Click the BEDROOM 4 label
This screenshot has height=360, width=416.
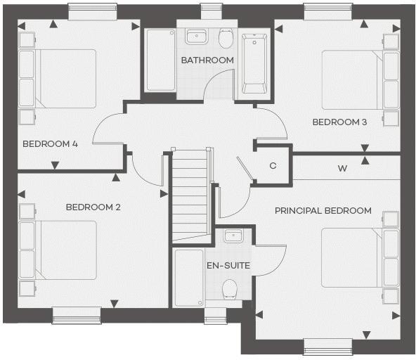point(50,144)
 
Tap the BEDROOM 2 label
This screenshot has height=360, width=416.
point(93,207)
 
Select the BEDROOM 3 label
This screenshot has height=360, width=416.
point(339,122)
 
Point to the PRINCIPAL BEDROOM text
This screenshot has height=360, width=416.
point(323,211)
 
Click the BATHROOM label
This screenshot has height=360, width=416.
point(207,60)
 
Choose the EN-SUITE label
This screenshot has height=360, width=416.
point(228,266)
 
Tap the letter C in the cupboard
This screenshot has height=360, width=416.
point(273,167)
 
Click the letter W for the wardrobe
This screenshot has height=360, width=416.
point(342,169)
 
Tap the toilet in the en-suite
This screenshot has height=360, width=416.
point(230,289)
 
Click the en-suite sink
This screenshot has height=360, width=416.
point(233,236)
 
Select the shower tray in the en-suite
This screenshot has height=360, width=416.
point(188,278)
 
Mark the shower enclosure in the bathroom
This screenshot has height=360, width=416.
point(159,60)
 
